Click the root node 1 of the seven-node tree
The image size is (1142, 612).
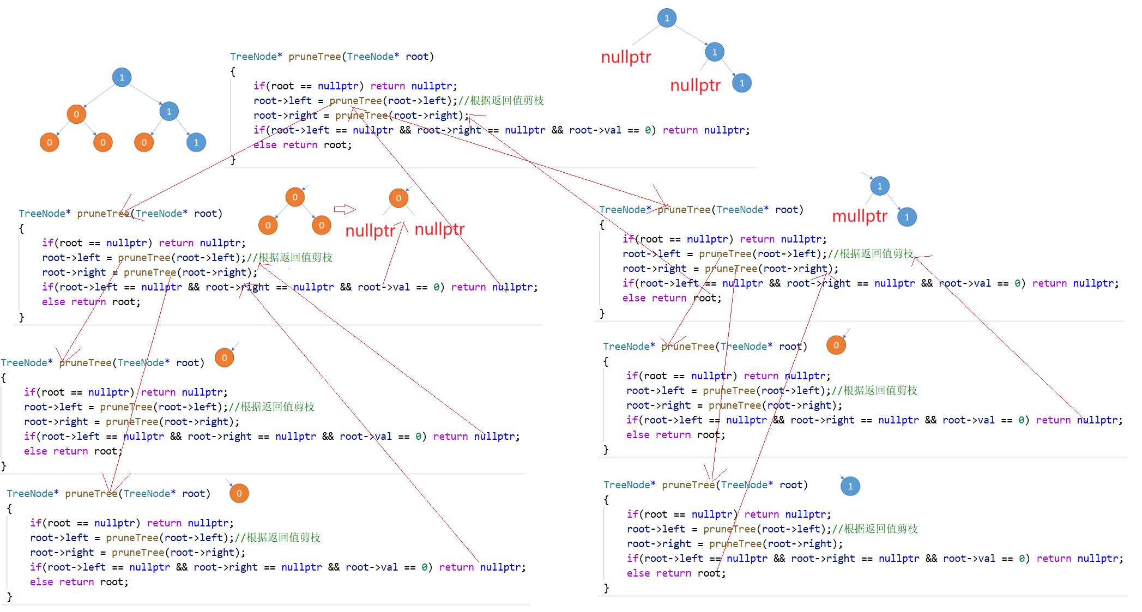[x=122, y=77]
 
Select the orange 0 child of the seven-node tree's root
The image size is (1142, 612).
[x=76, y=114]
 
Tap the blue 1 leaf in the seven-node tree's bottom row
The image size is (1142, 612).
[x=196, y=143]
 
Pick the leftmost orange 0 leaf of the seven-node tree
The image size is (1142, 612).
[x=49, y=143]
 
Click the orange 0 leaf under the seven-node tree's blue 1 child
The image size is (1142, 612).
[x=144, y=143]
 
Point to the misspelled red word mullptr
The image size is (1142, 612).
[x=860, y=216]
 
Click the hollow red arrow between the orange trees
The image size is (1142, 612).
[x=345, y=209]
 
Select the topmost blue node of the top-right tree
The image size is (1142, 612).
[x=667, y=18]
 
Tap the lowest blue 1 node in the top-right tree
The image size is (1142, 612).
[x=742, y=83]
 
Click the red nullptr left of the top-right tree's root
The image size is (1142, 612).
[x=626, y=57]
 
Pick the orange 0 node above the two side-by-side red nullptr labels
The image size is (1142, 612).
[x=398, y=198]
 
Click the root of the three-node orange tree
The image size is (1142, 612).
[x=295, y=197]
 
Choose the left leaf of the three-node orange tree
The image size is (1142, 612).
[x=268, y=225]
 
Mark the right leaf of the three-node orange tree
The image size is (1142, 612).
[x=322, y=225]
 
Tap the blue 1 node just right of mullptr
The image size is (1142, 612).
[x=907, y=217]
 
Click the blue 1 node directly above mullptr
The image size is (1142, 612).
[x=880, y=186]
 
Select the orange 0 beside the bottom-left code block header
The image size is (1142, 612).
[x=239, y=493]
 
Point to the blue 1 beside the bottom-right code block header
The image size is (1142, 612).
[x=850, y=486]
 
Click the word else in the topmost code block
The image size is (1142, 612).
[x=265, y=145]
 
